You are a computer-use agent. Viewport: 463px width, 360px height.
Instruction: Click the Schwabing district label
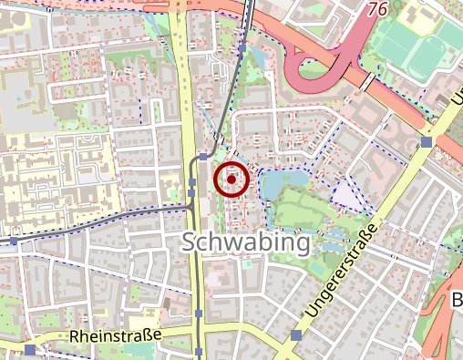(x=246, y=243)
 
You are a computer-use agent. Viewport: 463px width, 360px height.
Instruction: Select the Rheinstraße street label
(x=115, y=337)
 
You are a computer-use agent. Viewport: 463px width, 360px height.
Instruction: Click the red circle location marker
(x=231, y=180)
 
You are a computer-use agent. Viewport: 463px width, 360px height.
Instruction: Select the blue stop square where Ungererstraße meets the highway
(x=427, y=142)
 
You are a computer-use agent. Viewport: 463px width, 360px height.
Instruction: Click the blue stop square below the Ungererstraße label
(x=296, y=335)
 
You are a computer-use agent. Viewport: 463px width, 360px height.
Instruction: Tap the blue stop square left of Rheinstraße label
(x=32, y=349)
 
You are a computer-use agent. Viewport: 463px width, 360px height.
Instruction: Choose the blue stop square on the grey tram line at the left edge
(x=15, y=242)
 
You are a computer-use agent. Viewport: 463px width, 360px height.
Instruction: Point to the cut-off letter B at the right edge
(x=458, y=302)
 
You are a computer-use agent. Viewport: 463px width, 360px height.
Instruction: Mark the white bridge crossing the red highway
(x=367, y=83)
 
